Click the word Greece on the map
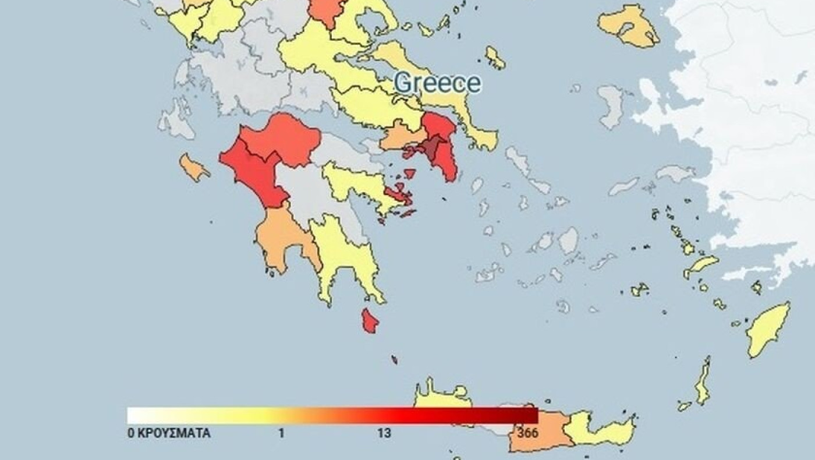[437, 83]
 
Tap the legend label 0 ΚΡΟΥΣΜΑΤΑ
[169, 434]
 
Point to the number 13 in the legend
[384, 434]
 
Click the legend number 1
[281, 434]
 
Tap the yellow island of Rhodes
[768, 330]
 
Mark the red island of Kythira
[370, 321]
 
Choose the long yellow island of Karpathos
[703, 385]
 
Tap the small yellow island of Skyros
[495, 57]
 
